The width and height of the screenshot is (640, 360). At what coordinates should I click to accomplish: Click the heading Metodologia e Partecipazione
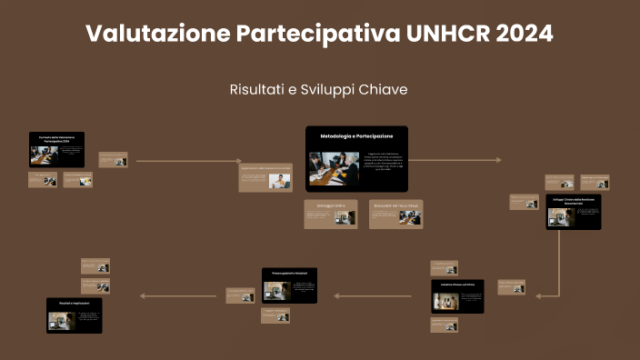point(356,135)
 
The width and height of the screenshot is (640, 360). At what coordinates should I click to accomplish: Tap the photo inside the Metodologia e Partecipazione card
point(334,167)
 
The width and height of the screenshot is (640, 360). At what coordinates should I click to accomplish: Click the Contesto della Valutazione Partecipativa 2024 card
point(56,150)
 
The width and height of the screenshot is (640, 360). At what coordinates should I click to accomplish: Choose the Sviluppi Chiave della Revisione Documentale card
point(573,211)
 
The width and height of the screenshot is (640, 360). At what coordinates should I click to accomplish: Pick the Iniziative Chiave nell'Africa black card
point(457,296)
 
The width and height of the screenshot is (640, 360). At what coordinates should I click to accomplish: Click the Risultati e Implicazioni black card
point(75,315)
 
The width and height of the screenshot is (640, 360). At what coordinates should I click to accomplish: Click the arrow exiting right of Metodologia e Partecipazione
point(455,160)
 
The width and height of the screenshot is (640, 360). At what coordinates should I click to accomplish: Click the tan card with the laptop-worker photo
point(265,178)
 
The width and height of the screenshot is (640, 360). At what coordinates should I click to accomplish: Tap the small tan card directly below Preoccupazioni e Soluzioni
point(275,315)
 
